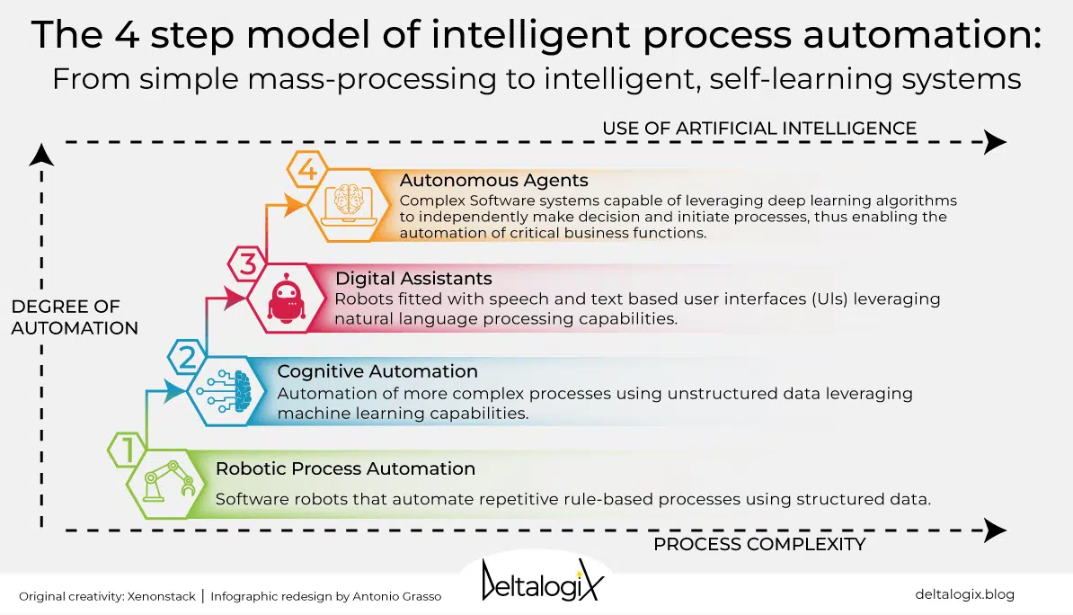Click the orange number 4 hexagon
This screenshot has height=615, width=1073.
tap(307, 168)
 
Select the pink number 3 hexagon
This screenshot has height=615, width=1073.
tap(247, 263)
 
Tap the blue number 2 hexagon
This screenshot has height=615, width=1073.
tap(187, 357)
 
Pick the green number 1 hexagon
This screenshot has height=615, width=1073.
tap(128, 450)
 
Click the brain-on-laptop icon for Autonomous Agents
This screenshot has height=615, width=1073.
tap(349, 203)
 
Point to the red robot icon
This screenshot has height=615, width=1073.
tap(287, 298)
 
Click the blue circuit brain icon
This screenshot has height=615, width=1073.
tap(224, 391)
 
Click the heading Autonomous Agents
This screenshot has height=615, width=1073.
tap(493, 180)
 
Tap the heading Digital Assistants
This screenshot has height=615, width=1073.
tap(413, 279)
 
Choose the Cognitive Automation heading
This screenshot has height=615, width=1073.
tap(377, 371)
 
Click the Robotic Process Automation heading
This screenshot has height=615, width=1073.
tap(345, 468)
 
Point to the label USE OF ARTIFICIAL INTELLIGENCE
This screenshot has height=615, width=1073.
tap(758, 128)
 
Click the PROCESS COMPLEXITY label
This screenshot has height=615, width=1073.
tap(758, 545)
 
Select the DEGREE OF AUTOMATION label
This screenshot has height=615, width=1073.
tap(75, 317)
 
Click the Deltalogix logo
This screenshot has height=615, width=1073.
tap(543, 581)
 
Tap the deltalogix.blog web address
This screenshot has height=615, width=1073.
tap(964, 594)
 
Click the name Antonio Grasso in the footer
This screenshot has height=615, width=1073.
tap(397, 596)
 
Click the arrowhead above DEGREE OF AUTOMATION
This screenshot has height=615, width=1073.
tap(41, 155)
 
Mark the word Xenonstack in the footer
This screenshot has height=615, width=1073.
tap(162, 596)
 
